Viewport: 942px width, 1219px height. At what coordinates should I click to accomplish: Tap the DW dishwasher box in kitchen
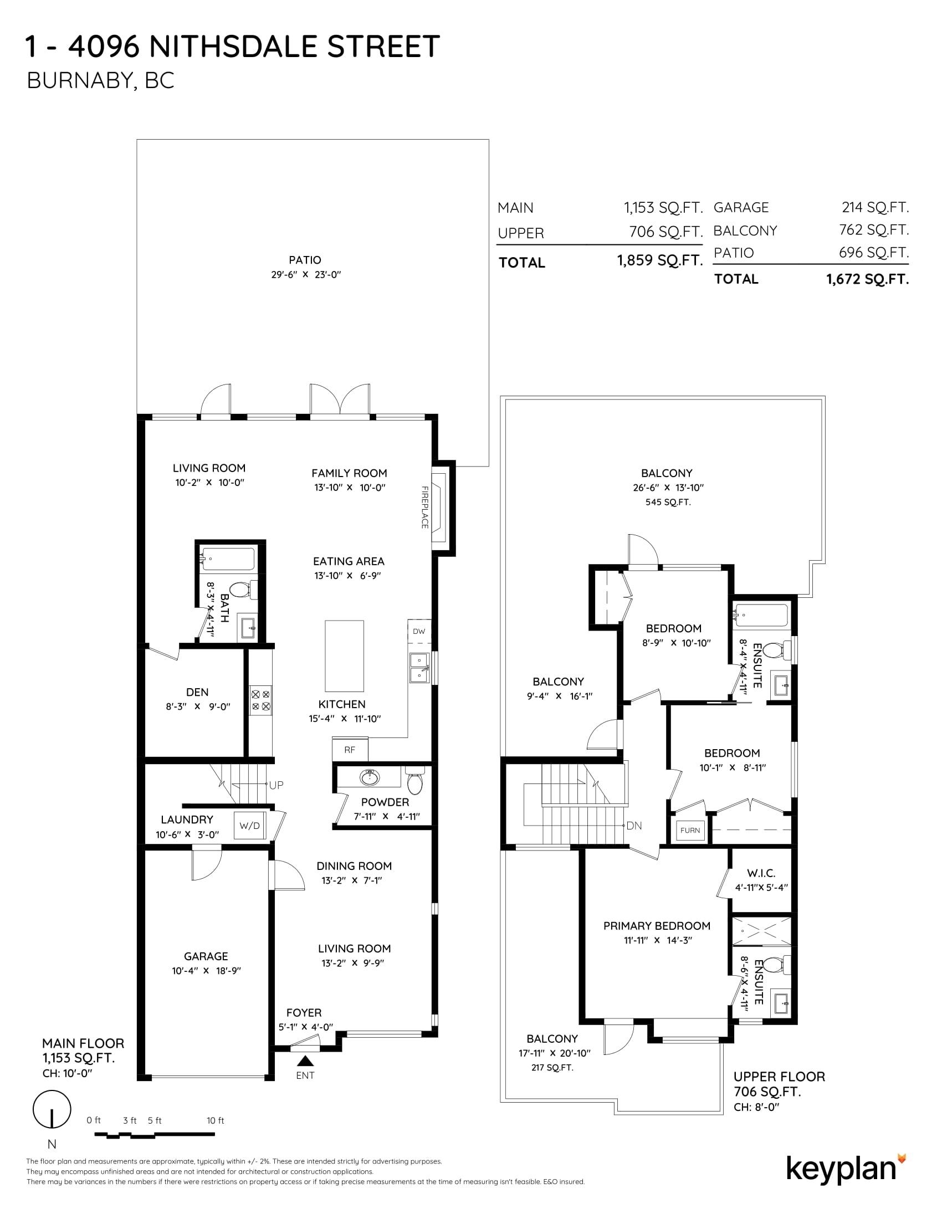pyautogui.click(x=419, y=631)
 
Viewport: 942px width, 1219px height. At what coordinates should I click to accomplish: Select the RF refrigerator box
pyautogui.click(x=350, y=750)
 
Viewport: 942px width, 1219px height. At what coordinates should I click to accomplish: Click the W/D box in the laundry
pyautogui.click(x=249, y=826)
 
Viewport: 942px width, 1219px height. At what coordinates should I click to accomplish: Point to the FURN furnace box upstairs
pyautogui.click(x=690, y=830)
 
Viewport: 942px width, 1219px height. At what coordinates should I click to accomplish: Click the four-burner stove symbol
pyautogui.click(x=260, y=700)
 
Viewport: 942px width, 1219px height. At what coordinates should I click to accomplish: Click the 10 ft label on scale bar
pyautogui.click(x=215, y=1120)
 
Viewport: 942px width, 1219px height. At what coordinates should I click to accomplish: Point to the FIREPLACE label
pyautogui.click(x=424, y=508)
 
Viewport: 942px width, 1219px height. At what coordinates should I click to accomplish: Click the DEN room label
pyautogui.click(x=197, y=692)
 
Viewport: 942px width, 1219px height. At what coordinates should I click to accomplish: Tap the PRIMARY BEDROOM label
pyautogui.click(x=656, y=926)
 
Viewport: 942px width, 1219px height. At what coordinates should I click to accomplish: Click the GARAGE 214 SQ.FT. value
pyautogui.click(x=875, y=208)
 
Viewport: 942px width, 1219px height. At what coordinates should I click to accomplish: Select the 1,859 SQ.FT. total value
pyautogui.click(x=659, y=260)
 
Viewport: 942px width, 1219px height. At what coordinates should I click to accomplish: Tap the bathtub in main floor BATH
pyautogui.click(x=228, y=557)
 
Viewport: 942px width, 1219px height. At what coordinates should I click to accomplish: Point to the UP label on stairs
pyautogui.click(x=277, y=785)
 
